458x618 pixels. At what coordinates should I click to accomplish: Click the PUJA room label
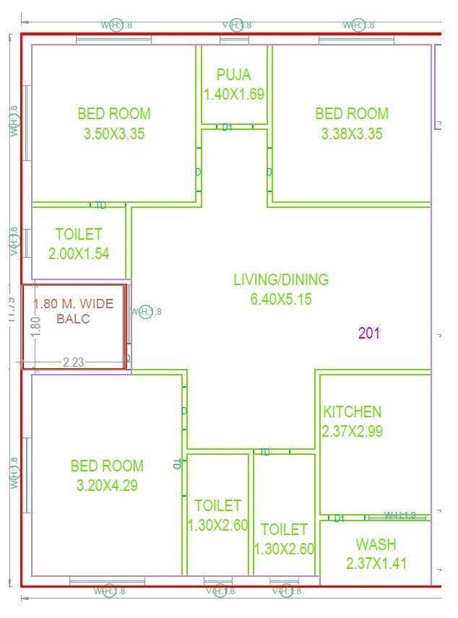pyautogui.click(x=234, y=75)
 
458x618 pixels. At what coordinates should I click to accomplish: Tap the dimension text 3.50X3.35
pyautogui.click(x=114, y=134)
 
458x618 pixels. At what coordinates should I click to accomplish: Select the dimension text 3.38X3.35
pyautogui.click(x=351, y=134)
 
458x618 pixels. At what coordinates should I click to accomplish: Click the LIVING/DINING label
pyautogui.click(x=280, y=279)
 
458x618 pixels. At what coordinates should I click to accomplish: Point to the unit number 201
pyautogui.click(x=368, y=333)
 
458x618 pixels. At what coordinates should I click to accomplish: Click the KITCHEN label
pyautogui.click(x=352, y=412)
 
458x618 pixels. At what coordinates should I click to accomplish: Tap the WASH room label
pyautogui.click(x=376, y=544)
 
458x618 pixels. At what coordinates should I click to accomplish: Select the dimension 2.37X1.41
pyautogui.click(x=376, y=563)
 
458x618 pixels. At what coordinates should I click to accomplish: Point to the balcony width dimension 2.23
pyautogui.click(x=74, y=362)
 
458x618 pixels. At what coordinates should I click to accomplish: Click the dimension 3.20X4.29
pyautogui.click(x=107, y=486)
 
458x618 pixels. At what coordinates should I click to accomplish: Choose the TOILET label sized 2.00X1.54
pyautogui.click(x=78, y=235)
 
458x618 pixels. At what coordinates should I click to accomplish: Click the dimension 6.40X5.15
pyautogui.click(x=280, y=299)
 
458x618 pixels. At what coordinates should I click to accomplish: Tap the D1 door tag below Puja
pyautogui.click(x=227, y=127)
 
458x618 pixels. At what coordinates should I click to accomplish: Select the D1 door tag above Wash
pyautogui.click(x=339, y=518)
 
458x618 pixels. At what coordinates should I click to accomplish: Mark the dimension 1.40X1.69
pyautogui.click(x=234, y=94)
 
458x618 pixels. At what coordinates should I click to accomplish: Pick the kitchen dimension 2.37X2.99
pyautogui.click(x=352, y=432)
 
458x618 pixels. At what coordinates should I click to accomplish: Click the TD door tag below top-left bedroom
pyautogui.click(x=101, y=205)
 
